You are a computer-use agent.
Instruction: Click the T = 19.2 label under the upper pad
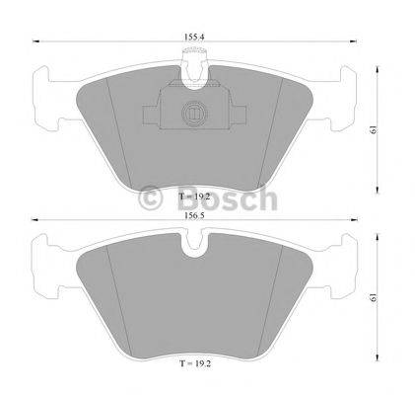(x=194, y=197)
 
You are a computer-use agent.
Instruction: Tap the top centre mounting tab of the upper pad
(x=194, y=67)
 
